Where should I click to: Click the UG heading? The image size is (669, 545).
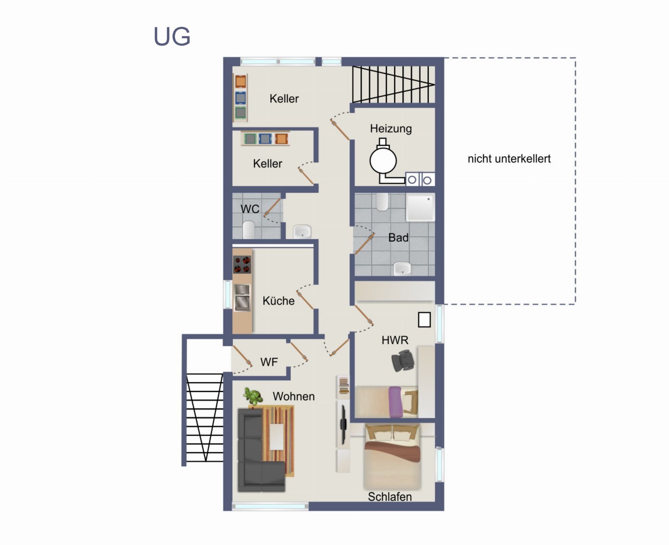click(x=172, y=36)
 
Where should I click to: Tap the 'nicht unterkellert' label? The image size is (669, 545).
click(x=509, y=159)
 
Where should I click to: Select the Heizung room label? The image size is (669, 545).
click(x=391, y=129)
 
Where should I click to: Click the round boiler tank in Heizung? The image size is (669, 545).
click(x=383, y=161)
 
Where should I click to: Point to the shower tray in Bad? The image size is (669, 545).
click(x=421, y=207)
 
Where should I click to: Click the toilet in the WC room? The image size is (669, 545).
click(x=249, y=229)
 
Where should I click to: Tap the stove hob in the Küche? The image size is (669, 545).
click(x=242, y=264)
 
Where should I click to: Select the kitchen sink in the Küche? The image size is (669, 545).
click(x=242, y=297)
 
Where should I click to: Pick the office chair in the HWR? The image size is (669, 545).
click(x=403, y=361)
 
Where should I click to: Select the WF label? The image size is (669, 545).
click(x=269, y=362)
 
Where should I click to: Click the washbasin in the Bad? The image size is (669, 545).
click(x=402, y=268)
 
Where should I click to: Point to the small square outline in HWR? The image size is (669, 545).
click(x=424, y=320)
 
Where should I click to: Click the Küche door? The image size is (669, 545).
click(x=305, y=300)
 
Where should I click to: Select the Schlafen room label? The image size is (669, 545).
click(x=390, y=497)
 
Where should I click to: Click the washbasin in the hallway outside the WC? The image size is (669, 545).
click(x=302, y=231)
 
